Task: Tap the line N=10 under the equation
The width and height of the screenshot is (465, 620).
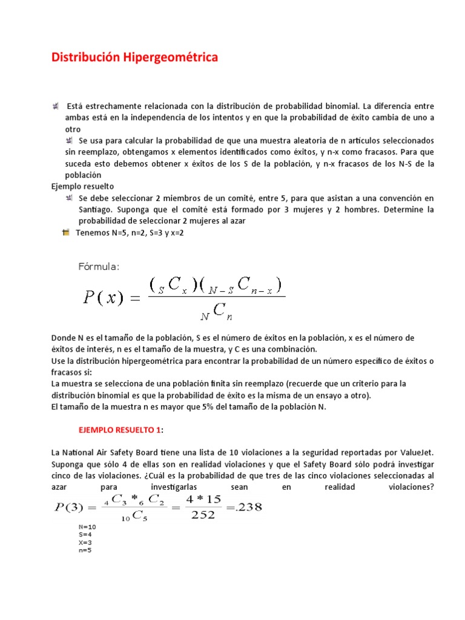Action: point(87,527)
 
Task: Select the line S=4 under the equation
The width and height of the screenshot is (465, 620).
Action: point(85,535)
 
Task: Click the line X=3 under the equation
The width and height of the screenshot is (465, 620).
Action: point(85,542)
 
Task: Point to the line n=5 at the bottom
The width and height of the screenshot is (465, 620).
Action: point(85,550)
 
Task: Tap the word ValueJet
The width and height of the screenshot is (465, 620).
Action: point(413,452)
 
